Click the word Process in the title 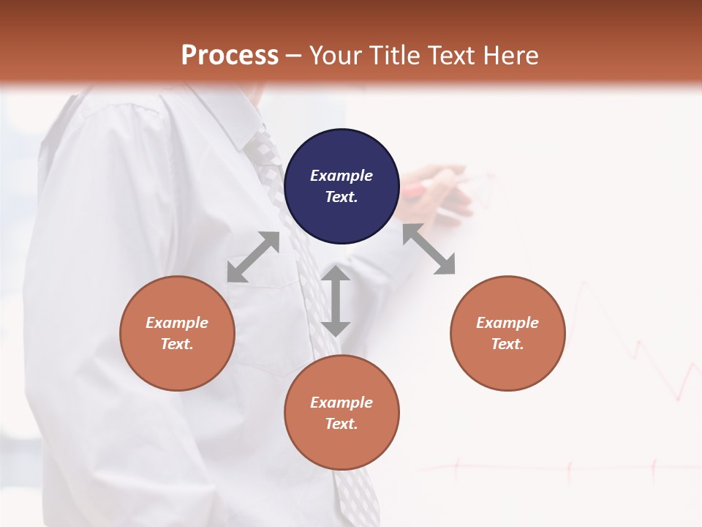[x=230, y=56]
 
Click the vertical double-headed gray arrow [x=336, y=301]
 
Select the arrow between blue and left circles [x=253, y=257]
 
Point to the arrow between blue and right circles [x=429, y=249]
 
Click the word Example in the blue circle [x=341, y=176]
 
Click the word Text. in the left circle [x=177, y=344]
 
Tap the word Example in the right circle [x=507, y=323]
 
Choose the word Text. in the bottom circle [x=341, y=424]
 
